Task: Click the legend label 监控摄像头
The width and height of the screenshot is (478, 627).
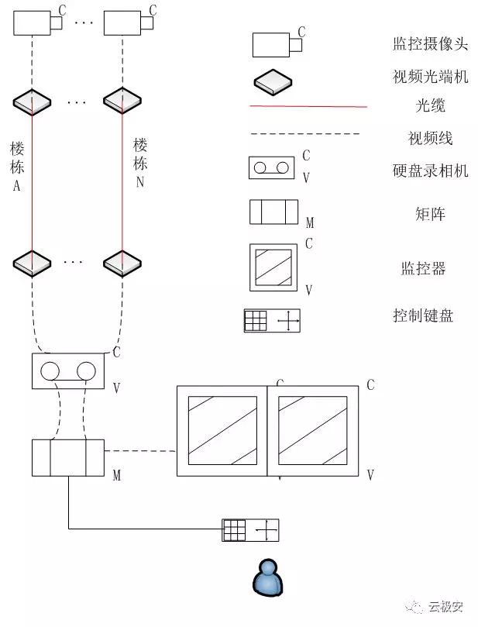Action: [430, 43]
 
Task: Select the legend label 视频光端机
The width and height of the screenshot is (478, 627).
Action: [430, 76]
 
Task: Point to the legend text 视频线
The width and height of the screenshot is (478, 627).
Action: [431, 139]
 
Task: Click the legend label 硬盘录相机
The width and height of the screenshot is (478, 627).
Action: [431, 171]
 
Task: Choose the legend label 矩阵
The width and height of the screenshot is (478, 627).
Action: [431, 213]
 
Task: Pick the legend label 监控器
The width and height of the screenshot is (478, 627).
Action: [423, 269]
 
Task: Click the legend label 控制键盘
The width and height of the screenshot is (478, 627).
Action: [423, 315]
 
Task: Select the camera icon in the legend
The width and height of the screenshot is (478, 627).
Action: [276, 44]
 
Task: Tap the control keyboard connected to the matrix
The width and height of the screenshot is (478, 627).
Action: [250, 530]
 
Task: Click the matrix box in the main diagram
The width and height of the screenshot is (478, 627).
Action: [67, 457]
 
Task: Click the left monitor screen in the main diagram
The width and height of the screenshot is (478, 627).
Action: [222, 430]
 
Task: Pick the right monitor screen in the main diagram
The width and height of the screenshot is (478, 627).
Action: [312, 430]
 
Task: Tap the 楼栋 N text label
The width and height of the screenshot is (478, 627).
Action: [140, 163]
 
